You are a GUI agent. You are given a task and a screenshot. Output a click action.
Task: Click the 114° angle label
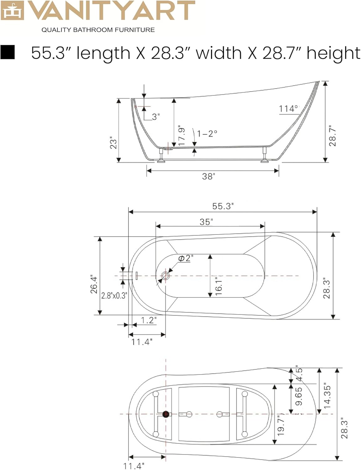pos(289,109)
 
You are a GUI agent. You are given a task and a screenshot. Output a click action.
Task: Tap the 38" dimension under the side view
pos(208,176)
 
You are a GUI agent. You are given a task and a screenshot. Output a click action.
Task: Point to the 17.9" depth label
pos(181,136)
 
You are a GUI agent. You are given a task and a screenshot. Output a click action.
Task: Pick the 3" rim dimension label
pos(156,117)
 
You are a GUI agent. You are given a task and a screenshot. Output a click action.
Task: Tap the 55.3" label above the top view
pos(223,206)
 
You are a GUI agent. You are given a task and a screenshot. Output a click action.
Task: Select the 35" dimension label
pos(206,222)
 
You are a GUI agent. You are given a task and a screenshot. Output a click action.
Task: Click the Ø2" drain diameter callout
pos(186,258)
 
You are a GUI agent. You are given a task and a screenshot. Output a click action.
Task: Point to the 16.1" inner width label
pos(218,286)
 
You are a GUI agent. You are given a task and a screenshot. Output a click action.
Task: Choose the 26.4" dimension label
pos(94,284)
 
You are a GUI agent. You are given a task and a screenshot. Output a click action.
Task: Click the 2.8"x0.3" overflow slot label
pos(114,295)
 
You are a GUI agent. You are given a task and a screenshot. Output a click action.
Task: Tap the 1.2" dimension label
pos(149,320)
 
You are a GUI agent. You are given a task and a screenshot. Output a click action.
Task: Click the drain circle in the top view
pos(165,276)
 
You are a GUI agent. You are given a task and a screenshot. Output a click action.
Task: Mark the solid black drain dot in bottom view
pos(166,414)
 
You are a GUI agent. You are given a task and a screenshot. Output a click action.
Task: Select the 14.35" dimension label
pos(327,395)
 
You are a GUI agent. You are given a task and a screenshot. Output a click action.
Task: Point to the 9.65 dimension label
pos(299,396)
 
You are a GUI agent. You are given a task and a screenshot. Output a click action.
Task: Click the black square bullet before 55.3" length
pos(8,52)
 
